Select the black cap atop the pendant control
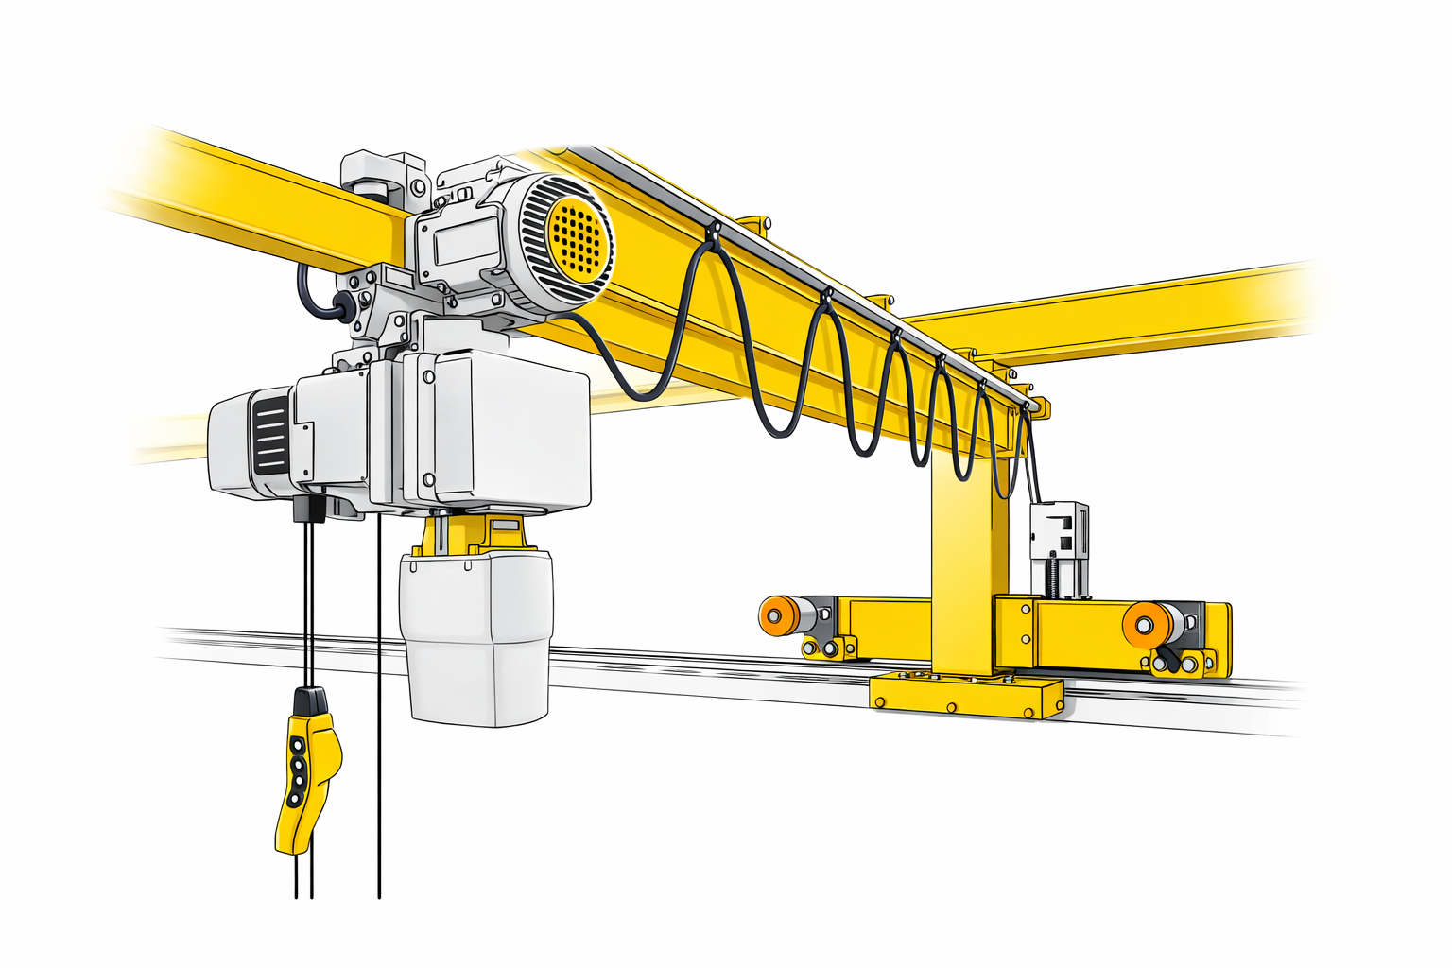click(x=310, y=701)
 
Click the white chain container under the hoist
click(x=475, y=638)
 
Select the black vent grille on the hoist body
click(x=270, y=436)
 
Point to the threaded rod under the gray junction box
click(x=1051, y=578)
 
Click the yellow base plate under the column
click(x=965, y=695)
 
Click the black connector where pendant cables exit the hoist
click(x=308, y=509)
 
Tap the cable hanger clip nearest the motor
click(x=713, y=231)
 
